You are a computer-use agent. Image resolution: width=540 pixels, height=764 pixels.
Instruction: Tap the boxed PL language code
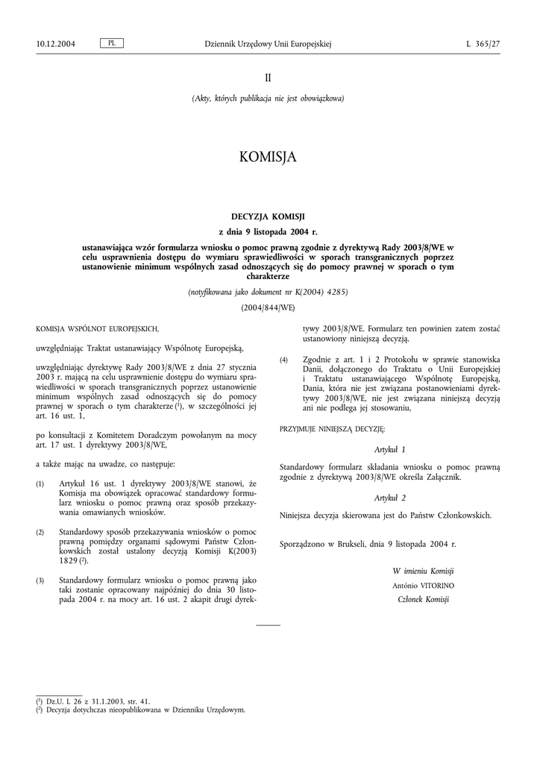[111, 43]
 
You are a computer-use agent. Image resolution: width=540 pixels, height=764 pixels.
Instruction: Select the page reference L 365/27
[483, 44]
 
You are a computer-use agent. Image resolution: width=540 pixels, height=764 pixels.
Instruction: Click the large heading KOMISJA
[268, 157]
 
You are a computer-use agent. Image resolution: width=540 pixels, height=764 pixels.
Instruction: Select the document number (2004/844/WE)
[268, 307]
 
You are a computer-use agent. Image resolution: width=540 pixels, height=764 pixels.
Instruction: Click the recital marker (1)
[40, 485]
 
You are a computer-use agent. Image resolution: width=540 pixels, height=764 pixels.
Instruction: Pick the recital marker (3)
[40, 580]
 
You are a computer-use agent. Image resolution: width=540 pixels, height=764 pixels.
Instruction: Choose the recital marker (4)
[283, 360]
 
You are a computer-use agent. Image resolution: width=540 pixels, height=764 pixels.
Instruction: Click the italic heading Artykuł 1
[389, 450]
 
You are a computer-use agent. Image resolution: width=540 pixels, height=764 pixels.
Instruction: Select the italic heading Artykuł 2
[389, 497]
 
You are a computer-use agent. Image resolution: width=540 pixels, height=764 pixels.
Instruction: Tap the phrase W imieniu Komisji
[423, 571]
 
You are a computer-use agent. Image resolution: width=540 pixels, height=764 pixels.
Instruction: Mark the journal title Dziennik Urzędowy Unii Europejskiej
[268, 44]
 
